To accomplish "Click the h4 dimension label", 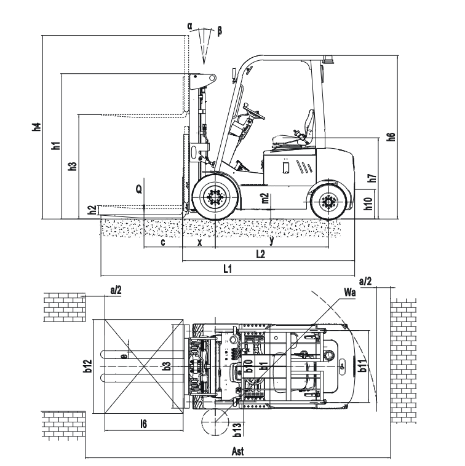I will coord(37,128).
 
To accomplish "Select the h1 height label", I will coord(56,146).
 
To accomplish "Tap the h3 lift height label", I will coord(73,166).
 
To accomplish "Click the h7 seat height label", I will coord(372,178).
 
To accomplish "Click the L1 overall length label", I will coord(227,269).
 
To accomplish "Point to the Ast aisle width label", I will coord(239,452).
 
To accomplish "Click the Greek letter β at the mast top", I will coord(220,29).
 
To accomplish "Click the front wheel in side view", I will coord(215,197).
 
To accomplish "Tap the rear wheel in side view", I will coord(327,202).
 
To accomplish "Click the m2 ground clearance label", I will coord(265,198).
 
